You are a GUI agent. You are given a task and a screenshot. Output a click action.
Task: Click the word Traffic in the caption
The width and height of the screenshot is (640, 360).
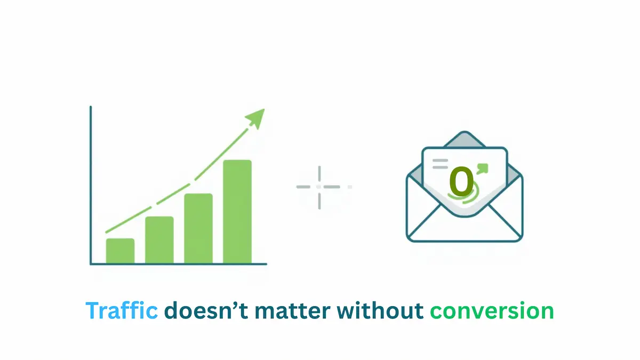pos(122,311)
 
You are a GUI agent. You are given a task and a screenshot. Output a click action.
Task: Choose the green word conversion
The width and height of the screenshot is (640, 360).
pos(492,311)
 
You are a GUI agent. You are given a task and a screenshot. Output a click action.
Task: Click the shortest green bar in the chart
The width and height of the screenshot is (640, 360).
pos(120,251)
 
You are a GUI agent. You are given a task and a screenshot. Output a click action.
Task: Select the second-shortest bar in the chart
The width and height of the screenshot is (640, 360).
pos(159,240)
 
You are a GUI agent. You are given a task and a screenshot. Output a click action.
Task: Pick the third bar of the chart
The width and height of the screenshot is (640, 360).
pos(198,228)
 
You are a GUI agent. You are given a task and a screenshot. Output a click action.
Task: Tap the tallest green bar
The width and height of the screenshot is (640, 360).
pos(237,212)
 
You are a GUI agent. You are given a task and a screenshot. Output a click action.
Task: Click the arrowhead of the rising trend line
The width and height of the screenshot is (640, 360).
pos(257,118)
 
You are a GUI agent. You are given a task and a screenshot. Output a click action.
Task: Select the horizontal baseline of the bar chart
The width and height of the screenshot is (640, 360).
pos(179,263)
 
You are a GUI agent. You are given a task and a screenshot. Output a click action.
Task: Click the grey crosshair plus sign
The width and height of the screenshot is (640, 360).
pos(319,187)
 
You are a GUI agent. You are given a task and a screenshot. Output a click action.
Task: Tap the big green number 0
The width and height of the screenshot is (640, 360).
pos(461,181)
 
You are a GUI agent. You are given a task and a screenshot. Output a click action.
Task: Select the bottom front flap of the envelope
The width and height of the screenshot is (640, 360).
pos(465,227)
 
